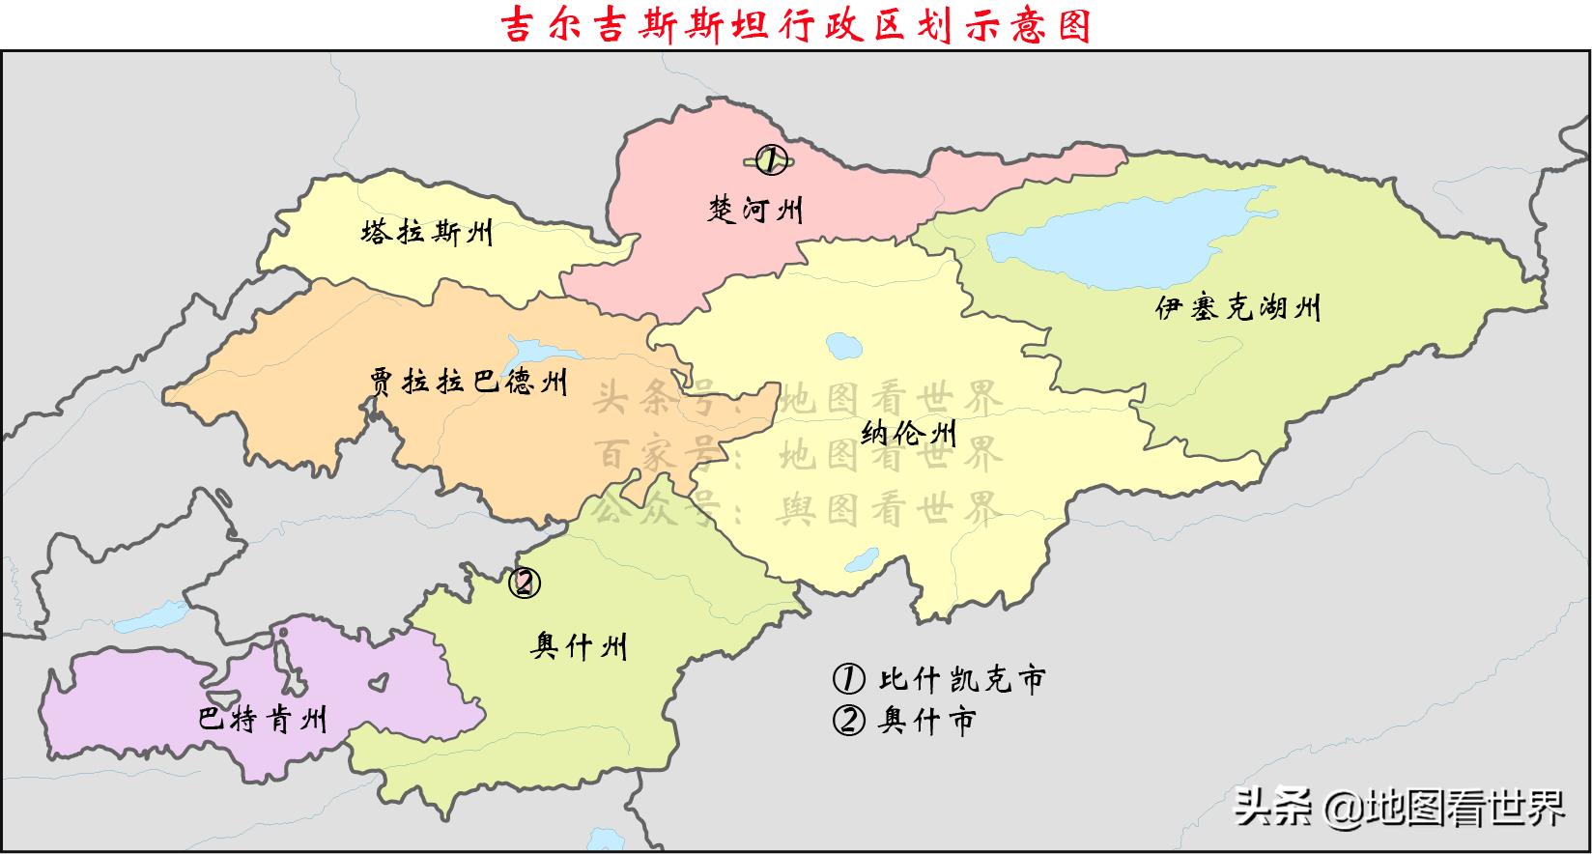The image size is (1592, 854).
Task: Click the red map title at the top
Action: point(797,25)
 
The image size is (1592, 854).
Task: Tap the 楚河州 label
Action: point(755,209)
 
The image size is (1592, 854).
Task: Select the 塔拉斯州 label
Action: point(426,233)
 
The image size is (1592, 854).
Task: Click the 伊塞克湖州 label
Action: point(1237,308)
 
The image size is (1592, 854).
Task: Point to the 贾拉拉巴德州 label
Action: point(469,382)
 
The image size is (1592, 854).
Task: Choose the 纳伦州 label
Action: point(908,432)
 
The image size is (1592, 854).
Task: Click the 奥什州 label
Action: point(579,645)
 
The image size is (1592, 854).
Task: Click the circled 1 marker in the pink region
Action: point(771,159)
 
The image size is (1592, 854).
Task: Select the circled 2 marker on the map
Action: point(525,583)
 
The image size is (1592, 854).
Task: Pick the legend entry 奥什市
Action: point(904,721)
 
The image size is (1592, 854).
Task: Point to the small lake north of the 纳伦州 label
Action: point(842,344)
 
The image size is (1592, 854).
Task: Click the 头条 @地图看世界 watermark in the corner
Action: point(1400,808)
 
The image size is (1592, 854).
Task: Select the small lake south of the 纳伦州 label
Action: point(860,563)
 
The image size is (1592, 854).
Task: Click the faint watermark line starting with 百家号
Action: point(798,453)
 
